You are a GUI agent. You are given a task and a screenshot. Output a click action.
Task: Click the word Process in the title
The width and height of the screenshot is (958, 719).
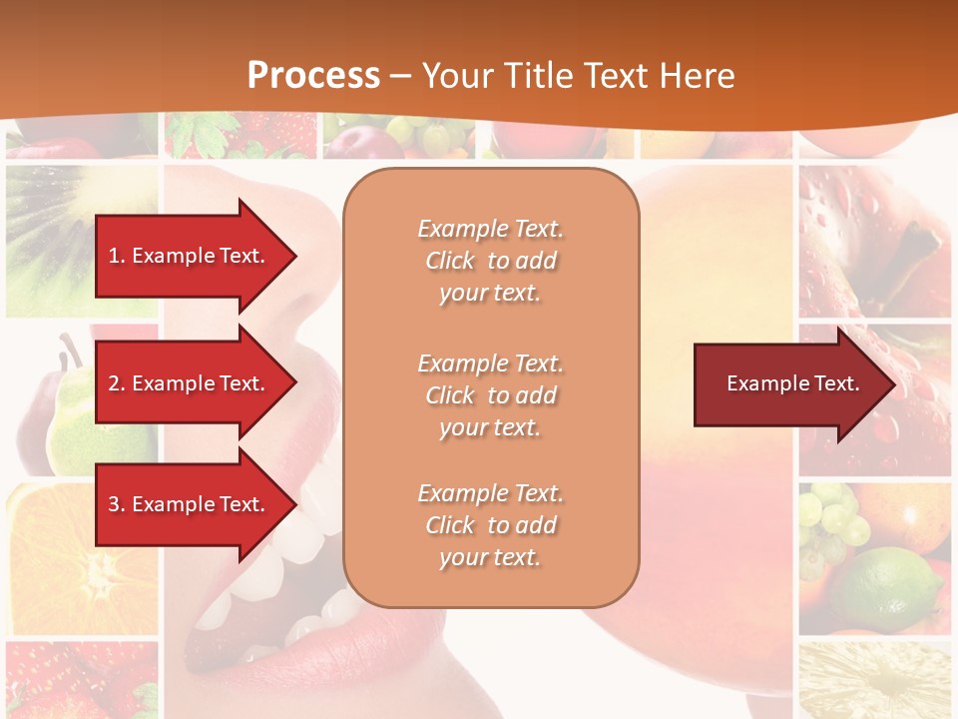313,76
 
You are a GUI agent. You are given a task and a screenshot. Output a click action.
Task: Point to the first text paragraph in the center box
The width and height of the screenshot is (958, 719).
490,261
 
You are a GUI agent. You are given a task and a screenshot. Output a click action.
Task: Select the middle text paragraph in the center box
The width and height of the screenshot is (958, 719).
490,395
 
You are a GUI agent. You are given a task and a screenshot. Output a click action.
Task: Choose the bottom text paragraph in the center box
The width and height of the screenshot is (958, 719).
490,525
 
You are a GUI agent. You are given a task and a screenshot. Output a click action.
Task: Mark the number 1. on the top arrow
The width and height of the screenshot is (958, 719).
116,256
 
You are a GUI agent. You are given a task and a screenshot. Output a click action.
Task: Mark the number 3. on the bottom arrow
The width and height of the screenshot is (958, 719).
116,504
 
